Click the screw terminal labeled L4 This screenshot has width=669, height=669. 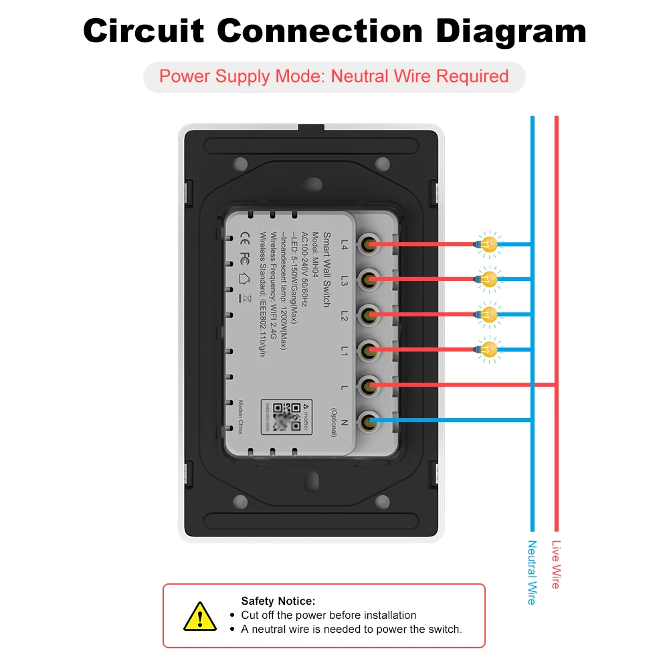click(x=367, y=244)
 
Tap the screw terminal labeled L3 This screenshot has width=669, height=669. click(x=367, y=278)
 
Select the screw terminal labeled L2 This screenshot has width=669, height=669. click(x=367, y=314)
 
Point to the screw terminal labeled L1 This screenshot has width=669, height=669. click(x=367, y=349)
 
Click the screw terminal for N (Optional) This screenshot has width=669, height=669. click(x=367, y=421)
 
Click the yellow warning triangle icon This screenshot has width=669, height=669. click(x=199, y=616)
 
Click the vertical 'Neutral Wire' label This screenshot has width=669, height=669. click(x=532, y=572)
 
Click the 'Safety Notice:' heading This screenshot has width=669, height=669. click(x=278, y=601)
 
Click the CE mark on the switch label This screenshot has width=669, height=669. click(x=245, y=236)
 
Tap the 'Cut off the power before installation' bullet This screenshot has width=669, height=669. click(x=328, y=615)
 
